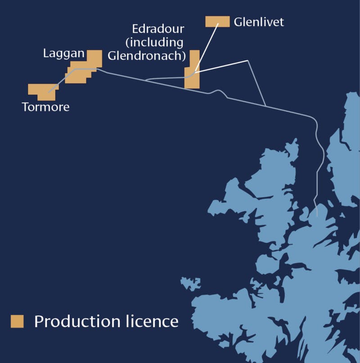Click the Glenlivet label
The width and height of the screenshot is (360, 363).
259,22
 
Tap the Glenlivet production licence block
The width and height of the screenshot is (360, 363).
217,21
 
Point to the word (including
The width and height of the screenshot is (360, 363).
158,43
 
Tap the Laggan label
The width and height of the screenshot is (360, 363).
63,54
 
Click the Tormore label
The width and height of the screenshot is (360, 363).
45,108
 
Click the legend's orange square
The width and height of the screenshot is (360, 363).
18,321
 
